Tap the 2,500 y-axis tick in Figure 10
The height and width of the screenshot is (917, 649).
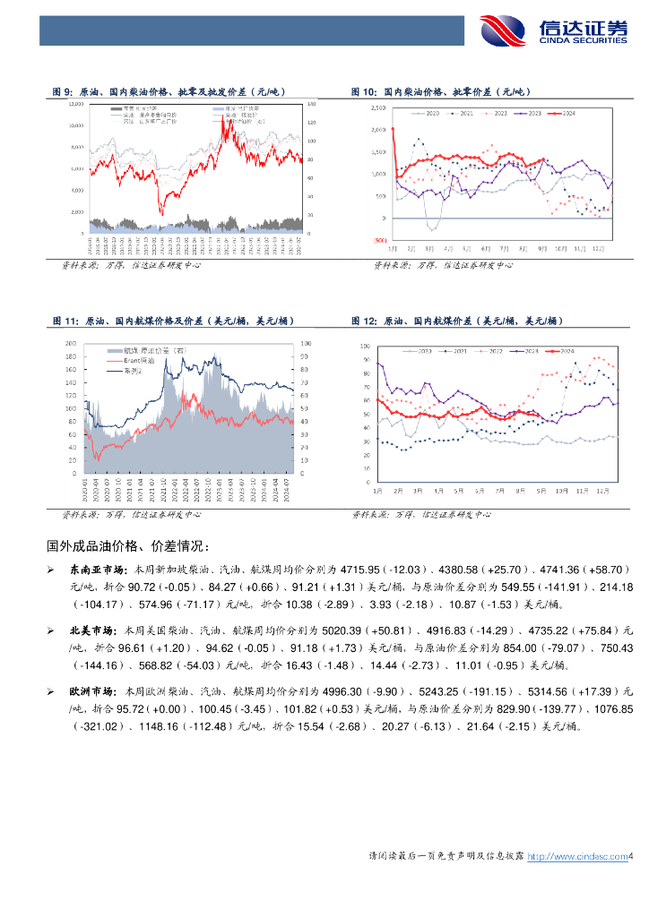[377, 107]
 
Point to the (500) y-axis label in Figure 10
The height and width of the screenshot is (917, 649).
[379, 240]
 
